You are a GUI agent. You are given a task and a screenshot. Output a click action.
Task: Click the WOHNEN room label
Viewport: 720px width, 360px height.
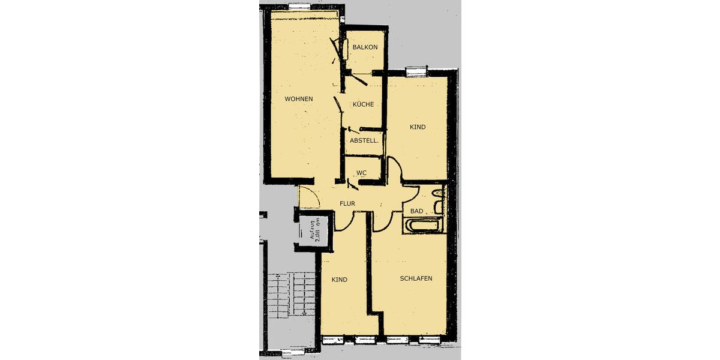pyautogui.click(x=298, y=99)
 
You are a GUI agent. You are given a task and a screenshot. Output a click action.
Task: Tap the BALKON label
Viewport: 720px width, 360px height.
pyautogui.click(x=365, y=47)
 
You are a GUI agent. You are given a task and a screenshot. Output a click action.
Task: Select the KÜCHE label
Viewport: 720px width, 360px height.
pyautogui.click(x=363, y=104)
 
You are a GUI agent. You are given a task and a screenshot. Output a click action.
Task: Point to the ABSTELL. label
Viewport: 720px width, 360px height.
pyautogui.click(x=364, y=141)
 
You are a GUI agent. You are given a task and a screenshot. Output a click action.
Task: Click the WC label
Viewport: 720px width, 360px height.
pyautogui.click(x=361, y=173)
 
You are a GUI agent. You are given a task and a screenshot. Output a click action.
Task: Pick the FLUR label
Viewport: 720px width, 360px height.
pyautogui.click(x=347, y=204)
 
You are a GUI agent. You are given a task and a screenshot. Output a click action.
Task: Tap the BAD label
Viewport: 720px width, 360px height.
pyautogui.click(x=416, y=211)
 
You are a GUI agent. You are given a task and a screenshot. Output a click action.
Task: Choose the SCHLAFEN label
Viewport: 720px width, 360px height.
pyautogui.click(x=416, y=278)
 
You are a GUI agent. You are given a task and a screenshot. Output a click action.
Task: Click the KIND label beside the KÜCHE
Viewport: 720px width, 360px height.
pyautogui.click(x=418, y=127)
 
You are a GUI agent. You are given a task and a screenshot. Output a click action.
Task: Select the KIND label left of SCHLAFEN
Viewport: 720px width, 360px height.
pyautogui.click(x=340, y=280)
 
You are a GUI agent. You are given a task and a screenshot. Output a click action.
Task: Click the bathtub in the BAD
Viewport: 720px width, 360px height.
pyautogui.click(x=424, y=226)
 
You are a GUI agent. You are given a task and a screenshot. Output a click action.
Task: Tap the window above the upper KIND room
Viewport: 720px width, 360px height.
pyautogui.click(x=416, y=72)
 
